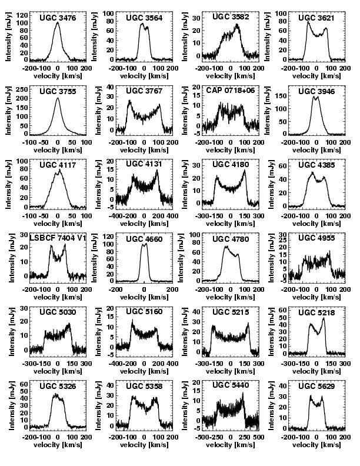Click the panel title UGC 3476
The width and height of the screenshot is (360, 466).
point(58,18)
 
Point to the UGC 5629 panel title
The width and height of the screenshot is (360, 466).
point(318,385)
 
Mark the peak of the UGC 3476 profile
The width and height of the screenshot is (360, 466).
point(58,24)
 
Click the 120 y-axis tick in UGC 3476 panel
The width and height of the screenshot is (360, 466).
point(22,14)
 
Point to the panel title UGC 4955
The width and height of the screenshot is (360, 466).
point(318,238)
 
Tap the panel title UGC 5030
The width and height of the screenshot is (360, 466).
point(58,311)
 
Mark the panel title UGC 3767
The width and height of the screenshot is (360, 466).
point(144,91)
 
